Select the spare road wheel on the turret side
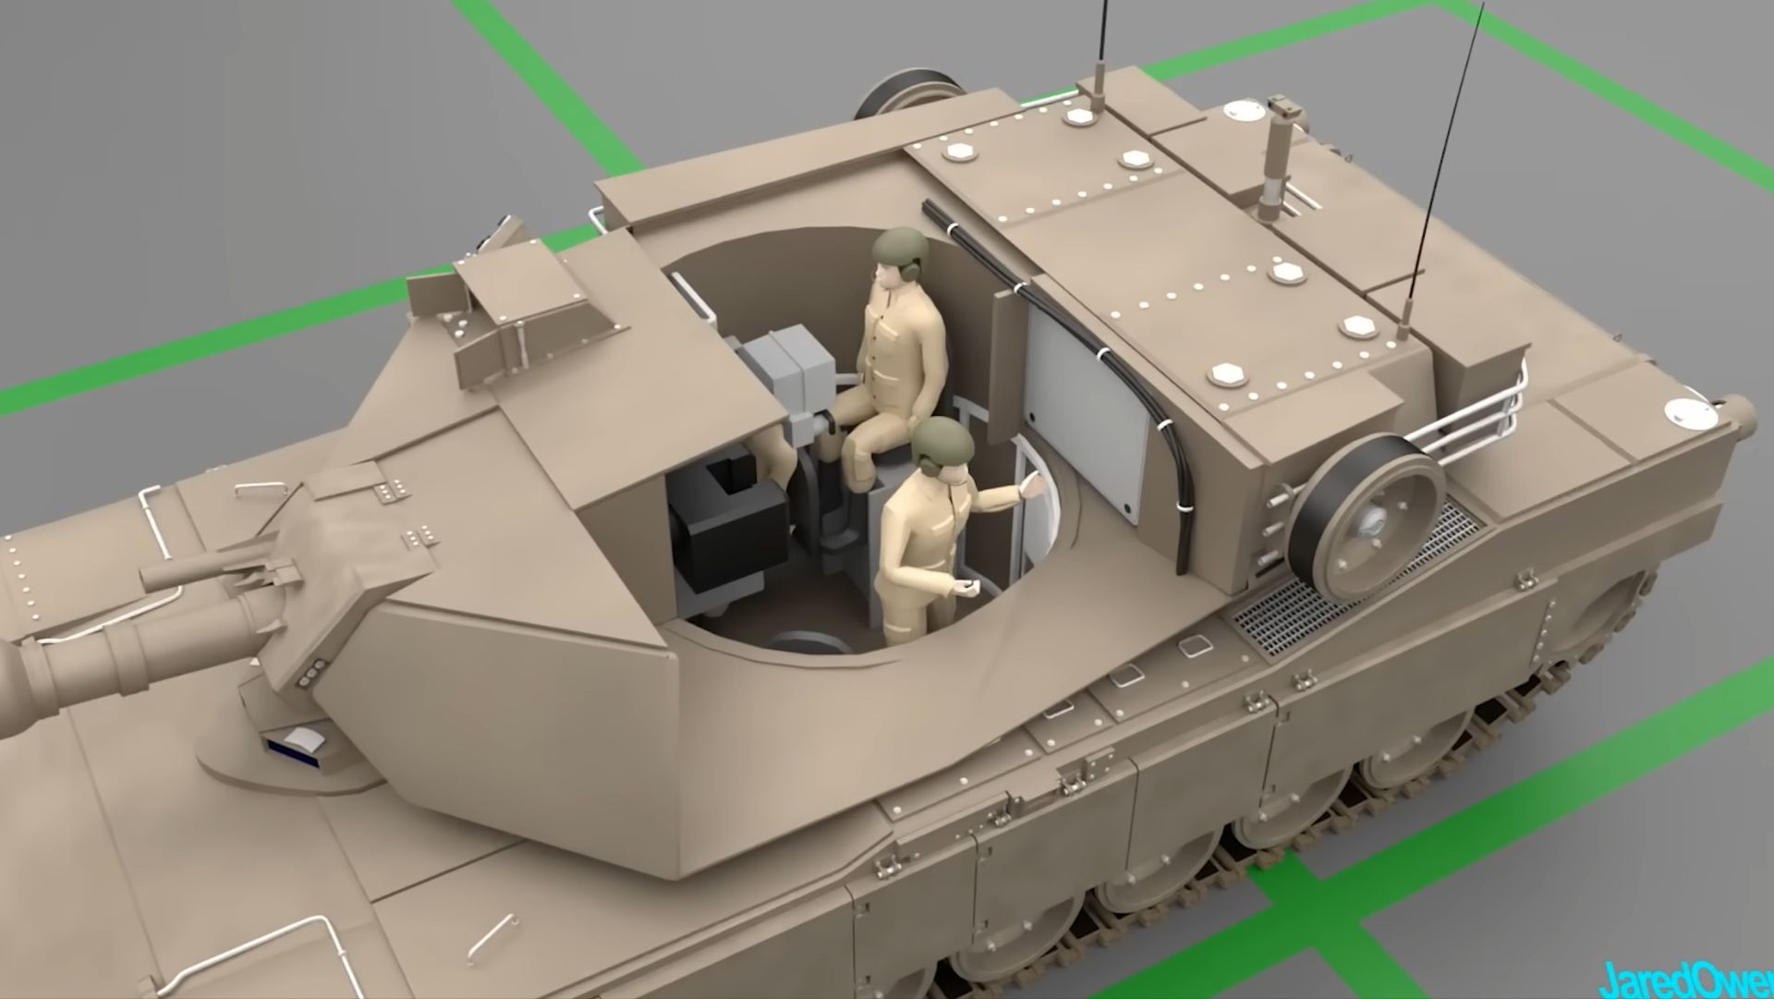(1369, 514)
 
